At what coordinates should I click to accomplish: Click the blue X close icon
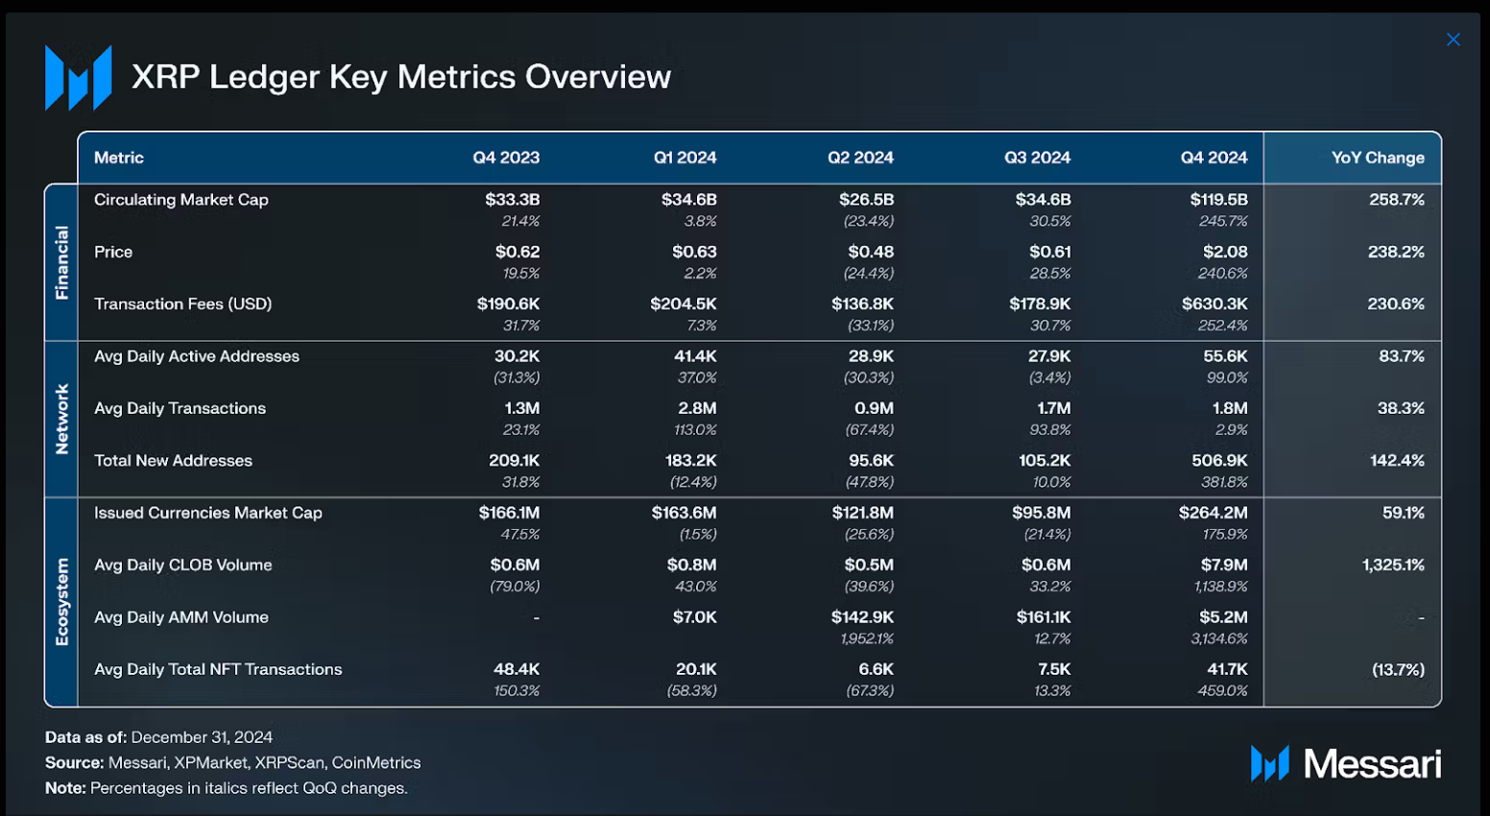pyautogui.click(x=1453, y=39)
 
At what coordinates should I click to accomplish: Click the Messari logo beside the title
pyautogui.click(x=78, y=78)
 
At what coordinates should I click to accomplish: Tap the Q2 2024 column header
pyautogui.click(x=860, y=157)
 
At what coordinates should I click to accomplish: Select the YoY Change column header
pyautogui.click(x=1377, y=157)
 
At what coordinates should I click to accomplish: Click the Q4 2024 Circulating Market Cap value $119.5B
pyautogui.click(x=1218, y=200)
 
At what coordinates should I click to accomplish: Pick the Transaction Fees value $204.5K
pyautogui.click(x=683, y=303)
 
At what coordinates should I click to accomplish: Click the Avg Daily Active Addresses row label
pyautogui.click(x=197, y=356)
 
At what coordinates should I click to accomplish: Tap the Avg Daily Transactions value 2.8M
pyautogui.click(x=697, y=408)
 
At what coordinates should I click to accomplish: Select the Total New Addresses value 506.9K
pyautogui.click(x=1219, y=461)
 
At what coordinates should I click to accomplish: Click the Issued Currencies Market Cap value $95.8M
pyautogui.click(x=1041, y=513)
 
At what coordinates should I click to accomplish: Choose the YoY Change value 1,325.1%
pyautogui.click(x=1393, y=564)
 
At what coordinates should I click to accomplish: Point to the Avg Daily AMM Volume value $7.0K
pyautogui.click(x=694, y=617)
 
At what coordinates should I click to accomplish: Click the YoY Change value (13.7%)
pyautogui.click(x=1398, y=669)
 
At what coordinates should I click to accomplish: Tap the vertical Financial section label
pyautogui.click(x=62, y=262)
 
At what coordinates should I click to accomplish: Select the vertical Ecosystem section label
pyautogui.click(x=62, y=602)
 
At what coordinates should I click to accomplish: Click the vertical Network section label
pyautogui.click(x=62, y=420)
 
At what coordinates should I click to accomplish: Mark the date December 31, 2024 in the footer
pyautogui.click(x=202, y=737)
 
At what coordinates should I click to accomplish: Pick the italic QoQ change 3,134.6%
pyautogui.click(x=1219, y=638)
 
